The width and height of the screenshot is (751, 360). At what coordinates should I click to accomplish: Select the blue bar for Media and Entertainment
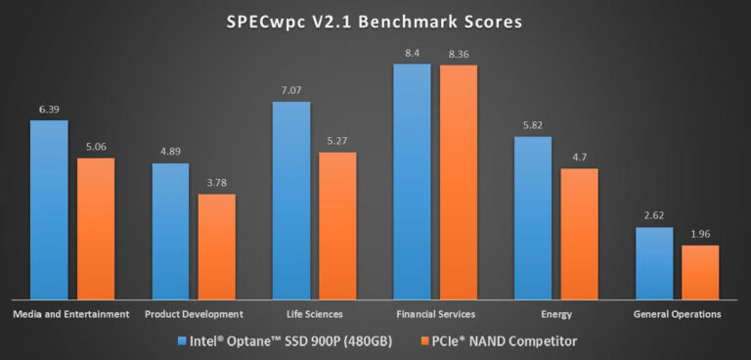coord(49,209)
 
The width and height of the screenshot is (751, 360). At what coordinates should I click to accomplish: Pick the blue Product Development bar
coord(170,231)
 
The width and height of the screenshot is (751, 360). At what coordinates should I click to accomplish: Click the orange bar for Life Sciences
coord(337,225)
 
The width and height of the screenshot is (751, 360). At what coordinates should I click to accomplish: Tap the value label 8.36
coord(458,55)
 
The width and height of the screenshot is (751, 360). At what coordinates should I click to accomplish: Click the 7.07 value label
coord(291,91)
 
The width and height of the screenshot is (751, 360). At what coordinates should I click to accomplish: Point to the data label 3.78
coord(216,183)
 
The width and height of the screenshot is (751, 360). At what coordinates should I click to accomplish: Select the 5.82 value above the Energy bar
coord(532,126)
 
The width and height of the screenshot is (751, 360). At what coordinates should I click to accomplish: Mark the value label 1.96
coord(700,235)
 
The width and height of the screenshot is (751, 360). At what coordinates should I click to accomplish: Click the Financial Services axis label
coord(436,314)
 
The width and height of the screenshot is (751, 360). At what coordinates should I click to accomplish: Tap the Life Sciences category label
coord(315,314)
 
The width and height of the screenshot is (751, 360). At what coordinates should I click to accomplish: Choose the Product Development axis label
coord(194,314)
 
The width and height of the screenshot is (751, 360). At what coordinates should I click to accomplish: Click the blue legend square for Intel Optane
coord(183,341)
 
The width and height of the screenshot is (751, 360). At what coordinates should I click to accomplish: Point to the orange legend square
coord(422,341)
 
